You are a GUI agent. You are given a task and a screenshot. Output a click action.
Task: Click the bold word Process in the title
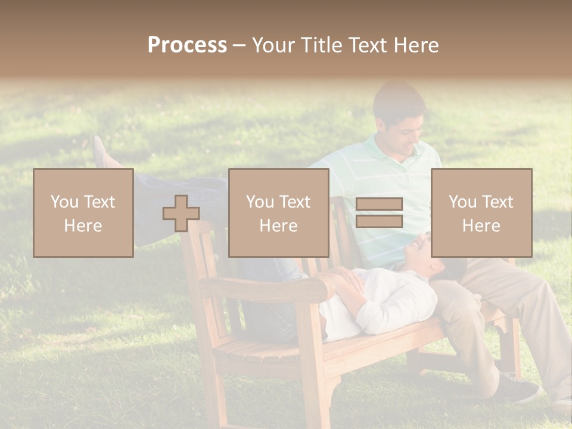(x=187, y=45)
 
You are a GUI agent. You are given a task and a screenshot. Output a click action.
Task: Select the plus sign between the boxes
(x=181, y=213)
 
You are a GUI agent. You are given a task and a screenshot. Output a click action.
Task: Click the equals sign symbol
(x=379, y=213)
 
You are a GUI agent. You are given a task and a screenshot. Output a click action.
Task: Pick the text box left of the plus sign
(x=83, y=213)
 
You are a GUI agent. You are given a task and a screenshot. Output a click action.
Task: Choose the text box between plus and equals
(x=278, y=213)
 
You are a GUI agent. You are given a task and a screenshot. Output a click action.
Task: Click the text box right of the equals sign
(x=481, y=213)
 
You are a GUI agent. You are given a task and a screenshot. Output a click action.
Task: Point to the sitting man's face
(x=405, y=131)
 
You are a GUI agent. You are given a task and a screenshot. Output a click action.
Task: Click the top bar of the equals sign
(x=379, y=204)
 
